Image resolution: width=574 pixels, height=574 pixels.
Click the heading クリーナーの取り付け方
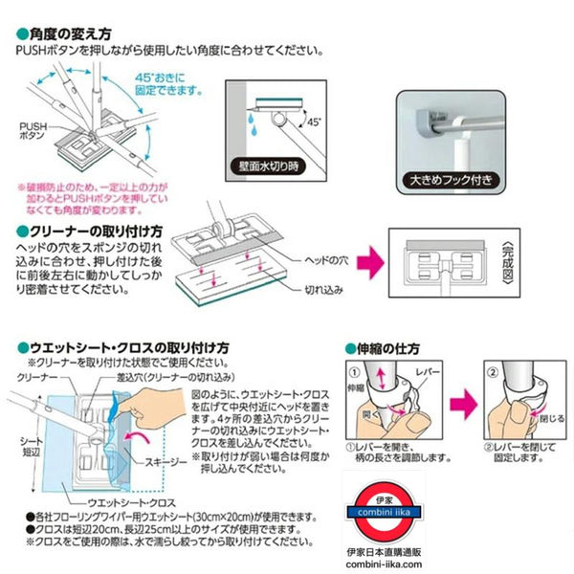[90, 232]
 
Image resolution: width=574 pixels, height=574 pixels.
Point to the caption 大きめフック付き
[458, 179]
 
